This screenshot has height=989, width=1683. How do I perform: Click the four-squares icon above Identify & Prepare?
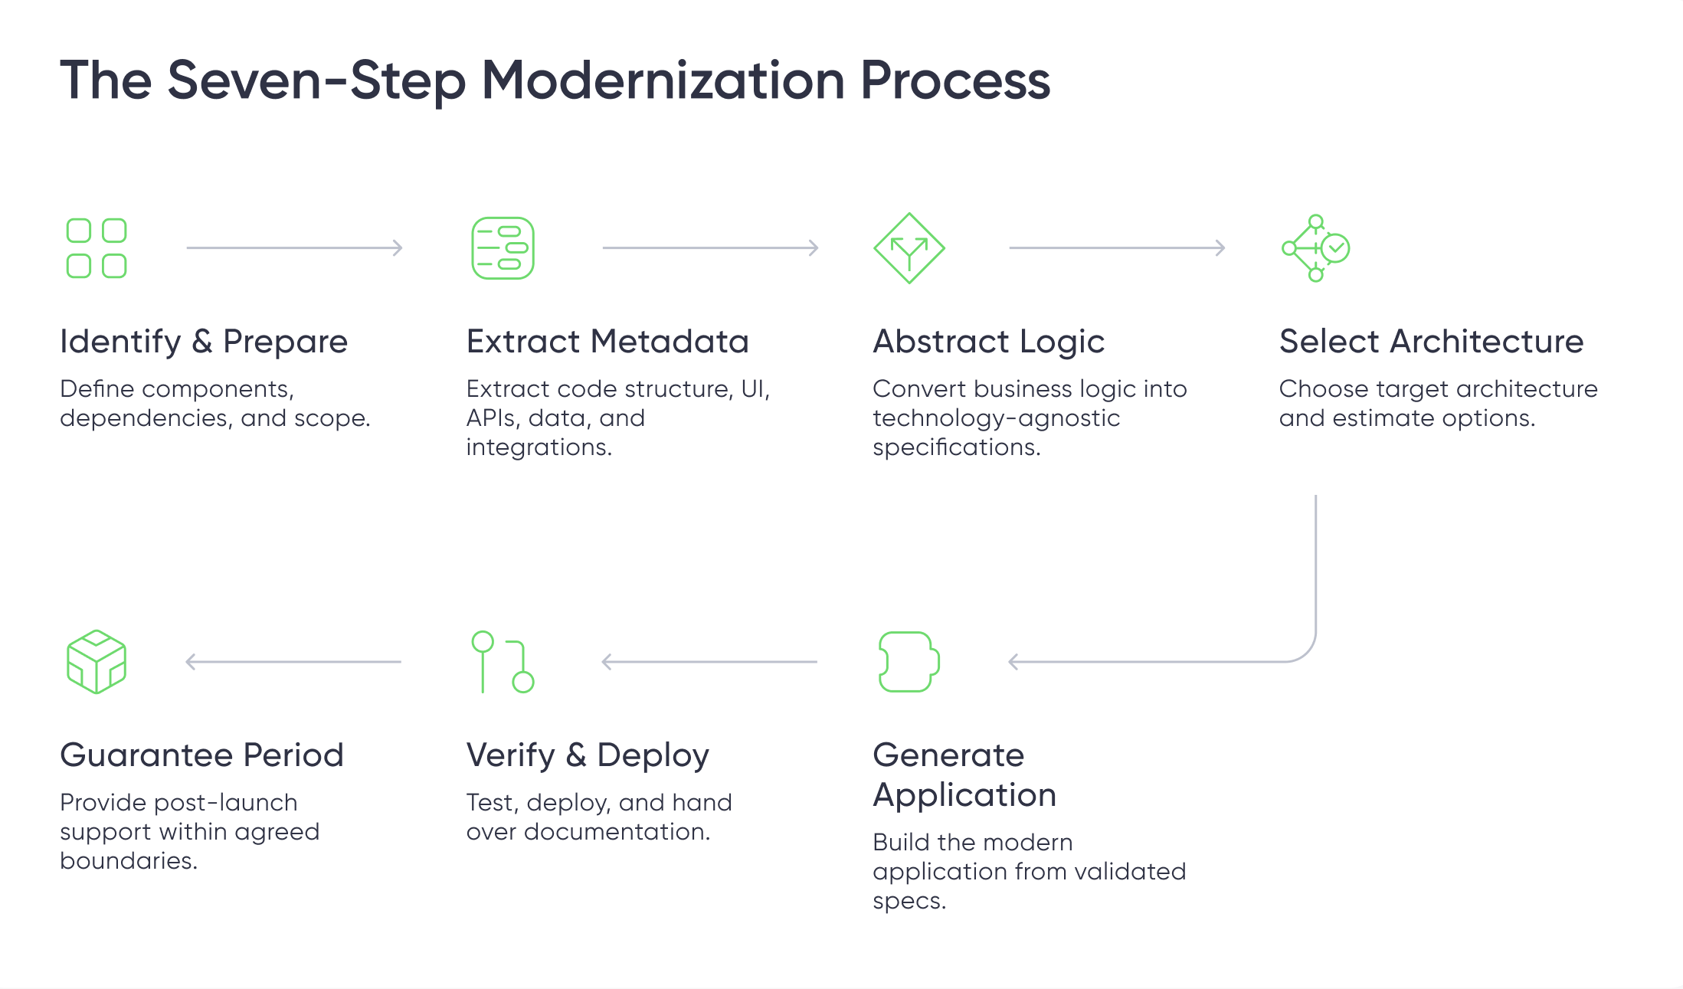pos(97,248)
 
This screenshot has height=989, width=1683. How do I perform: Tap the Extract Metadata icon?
pos(503,248)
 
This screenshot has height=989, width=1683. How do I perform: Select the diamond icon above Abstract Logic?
pos(909,248)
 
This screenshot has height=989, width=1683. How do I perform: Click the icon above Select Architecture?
pos(1315,248)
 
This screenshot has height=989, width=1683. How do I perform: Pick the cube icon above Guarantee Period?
pos(97,662)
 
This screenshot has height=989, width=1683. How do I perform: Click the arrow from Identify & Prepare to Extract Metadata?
pos(295,247)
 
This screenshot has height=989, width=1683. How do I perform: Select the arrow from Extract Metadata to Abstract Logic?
pos(711,247)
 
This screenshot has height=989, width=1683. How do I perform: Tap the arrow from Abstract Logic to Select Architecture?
pos(1118,247)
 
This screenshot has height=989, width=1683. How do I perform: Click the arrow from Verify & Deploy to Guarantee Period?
pos(293,662)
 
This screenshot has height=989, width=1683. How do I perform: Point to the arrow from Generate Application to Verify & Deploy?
pos(709,662)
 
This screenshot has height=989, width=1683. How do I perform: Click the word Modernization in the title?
pos(663,80)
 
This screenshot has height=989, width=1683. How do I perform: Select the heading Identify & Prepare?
pos(204,342)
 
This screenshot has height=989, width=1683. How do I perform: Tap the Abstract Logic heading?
pos(989,342)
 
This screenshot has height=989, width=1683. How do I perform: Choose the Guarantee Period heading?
pos(202,755)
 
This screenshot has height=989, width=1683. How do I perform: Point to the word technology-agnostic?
pos(997,418)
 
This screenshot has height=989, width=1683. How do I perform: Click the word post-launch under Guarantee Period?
pos(226,803)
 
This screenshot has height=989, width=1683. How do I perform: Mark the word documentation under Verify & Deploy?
pos(617,832)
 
